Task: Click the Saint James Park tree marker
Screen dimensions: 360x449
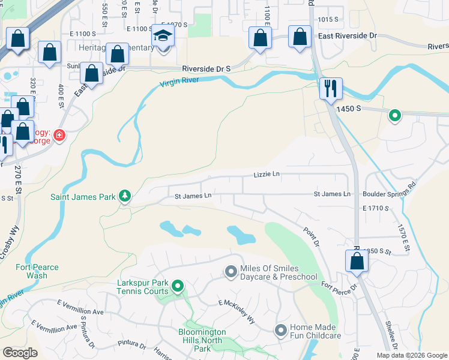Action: tap(124, 196)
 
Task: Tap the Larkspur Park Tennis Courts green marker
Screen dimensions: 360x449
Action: tap(177, 286)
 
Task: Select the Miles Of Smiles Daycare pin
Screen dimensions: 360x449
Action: tap(231, 272)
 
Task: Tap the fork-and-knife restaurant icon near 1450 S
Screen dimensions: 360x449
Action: tap(330, 89)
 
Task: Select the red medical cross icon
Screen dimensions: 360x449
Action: tap(59, 136)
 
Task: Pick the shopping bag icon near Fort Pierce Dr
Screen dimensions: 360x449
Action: tap(357, 262)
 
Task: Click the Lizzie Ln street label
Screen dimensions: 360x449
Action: tap(267, 174)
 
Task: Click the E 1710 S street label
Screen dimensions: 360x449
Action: tap(376, 208)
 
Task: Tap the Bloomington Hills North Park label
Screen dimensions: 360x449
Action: tap(202, 340)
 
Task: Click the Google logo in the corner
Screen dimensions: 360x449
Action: tap(20, 353)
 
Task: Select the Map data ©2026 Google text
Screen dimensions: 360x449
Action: tap(412, 355)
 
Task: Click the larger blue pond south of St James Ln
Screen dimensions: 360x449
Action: tap(241, 235)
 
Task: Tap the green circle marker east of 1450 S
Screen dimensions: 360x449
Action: tap(394, 115)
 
